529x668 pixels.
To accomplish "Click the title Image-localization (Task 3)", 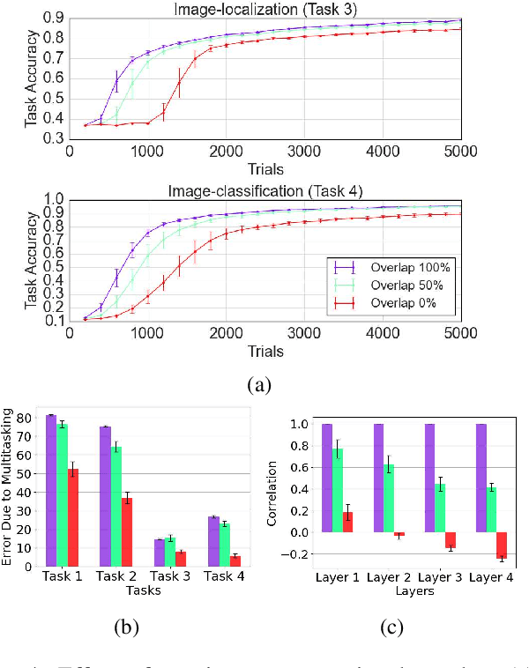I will [264, 9].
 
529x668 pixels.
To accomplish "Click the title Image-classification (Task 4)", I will [264, 191].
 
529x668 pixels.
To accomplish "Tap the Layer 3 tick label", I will [440, 578].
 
